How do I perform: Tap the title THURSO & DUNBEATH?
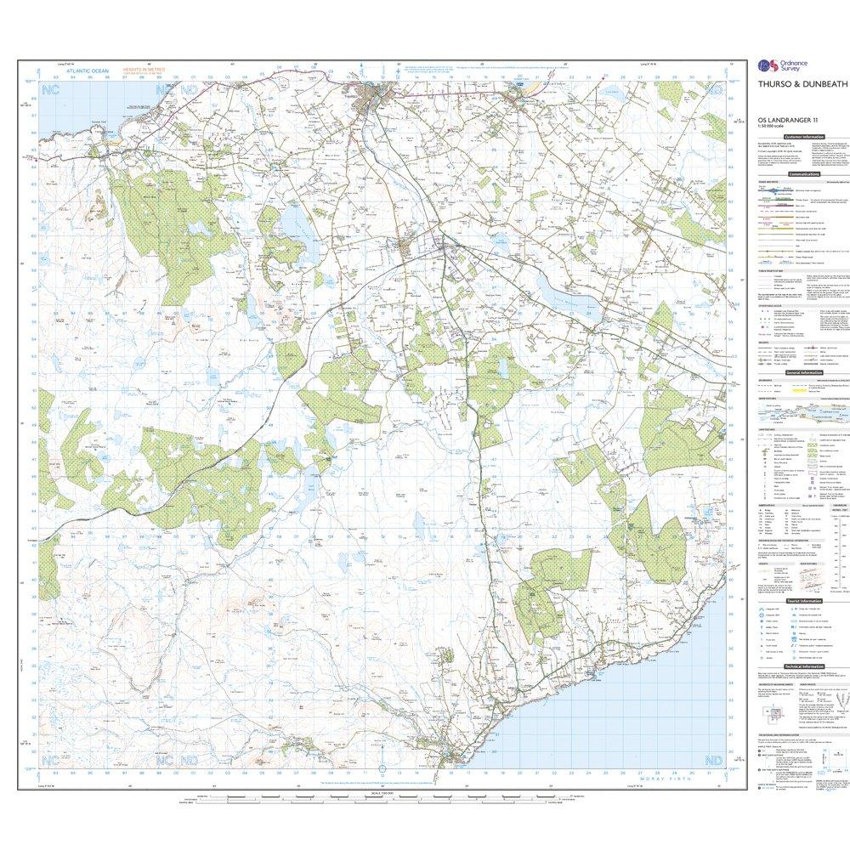tap(793, 84)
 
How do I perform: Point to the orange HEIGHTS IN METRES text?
tap(144, 71)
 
